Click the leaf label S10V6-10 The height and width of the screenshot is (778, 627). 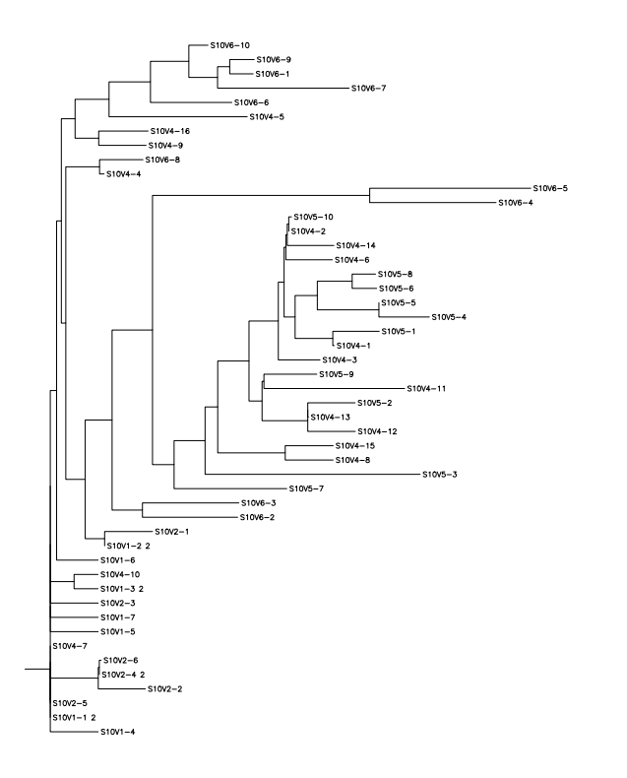point(230,45)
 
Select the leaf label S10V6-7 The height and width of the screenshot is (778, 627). point(370,89)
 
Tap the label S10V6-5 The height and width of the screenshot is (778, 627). point(550,188)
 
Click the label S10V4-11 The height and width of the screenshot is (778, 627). point(427,389)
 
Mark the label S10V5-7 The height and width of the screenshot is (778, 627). point(307,489)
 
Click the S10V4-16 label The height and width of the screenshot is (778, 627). point(168,131)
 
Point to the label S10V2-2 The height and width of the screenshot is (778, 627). point(165,688)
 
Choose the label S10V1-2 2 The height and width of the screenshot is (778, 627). point(127,546)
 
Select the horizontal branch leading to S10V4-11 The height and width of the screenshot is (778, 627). point(334,389)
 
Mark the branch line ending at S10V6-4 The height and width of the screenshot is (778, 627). point(432,203)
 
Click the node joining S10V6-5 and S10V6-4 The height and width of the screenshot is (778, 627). point(369,195)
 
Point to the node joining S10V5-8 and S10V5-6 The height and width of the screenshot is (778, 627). point(352,281)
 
